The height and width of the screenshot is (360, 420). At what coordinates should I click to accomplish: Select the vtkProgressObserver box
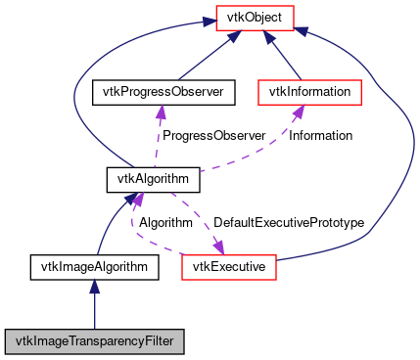[158, 92]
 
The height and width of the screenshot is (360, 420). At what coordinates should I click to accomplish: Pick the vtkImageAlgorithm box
[94, 265]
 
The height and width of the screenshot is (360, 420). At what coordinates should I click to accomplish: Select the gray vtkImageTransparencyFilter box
[94, 341]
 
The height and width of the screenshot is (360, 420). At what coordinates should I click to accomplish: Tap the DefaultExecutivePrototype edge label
[289, 223]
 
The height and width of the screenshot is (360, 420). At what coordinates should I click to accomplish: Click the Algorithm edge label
[165, 223]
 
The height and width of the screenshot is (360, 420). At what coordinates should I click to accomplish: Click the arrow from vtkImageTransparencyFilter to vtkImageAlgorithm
[94, 303]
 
